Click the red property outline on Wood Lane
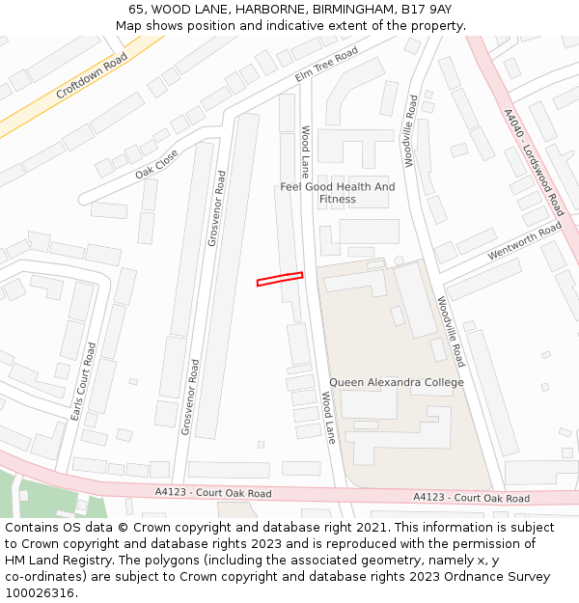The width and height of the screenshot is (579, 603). (x=280, y=279)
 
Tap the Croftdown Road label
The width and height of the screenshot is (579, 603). (x=92, y=76)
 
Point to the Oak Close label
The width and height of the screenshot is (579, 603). (x=156, y=163)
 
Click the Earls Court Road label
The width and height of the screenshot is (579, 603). (x=83, y=381)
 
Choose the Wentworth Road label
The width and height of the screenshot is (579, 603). (x=524, y=240)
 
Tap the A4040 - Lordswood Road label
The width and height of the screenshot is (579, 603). (x=534, y=161)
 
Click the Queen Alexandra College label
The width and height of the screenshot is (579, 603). (x=397, y=382)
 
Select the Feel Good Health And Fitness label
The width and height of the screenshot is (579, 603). (x=338, y=193)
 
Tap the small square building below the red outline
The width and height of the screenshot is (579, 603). (x=261, y=445)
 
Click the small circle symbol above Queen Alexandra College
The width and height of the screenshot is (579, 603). (x=398, y=260)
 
